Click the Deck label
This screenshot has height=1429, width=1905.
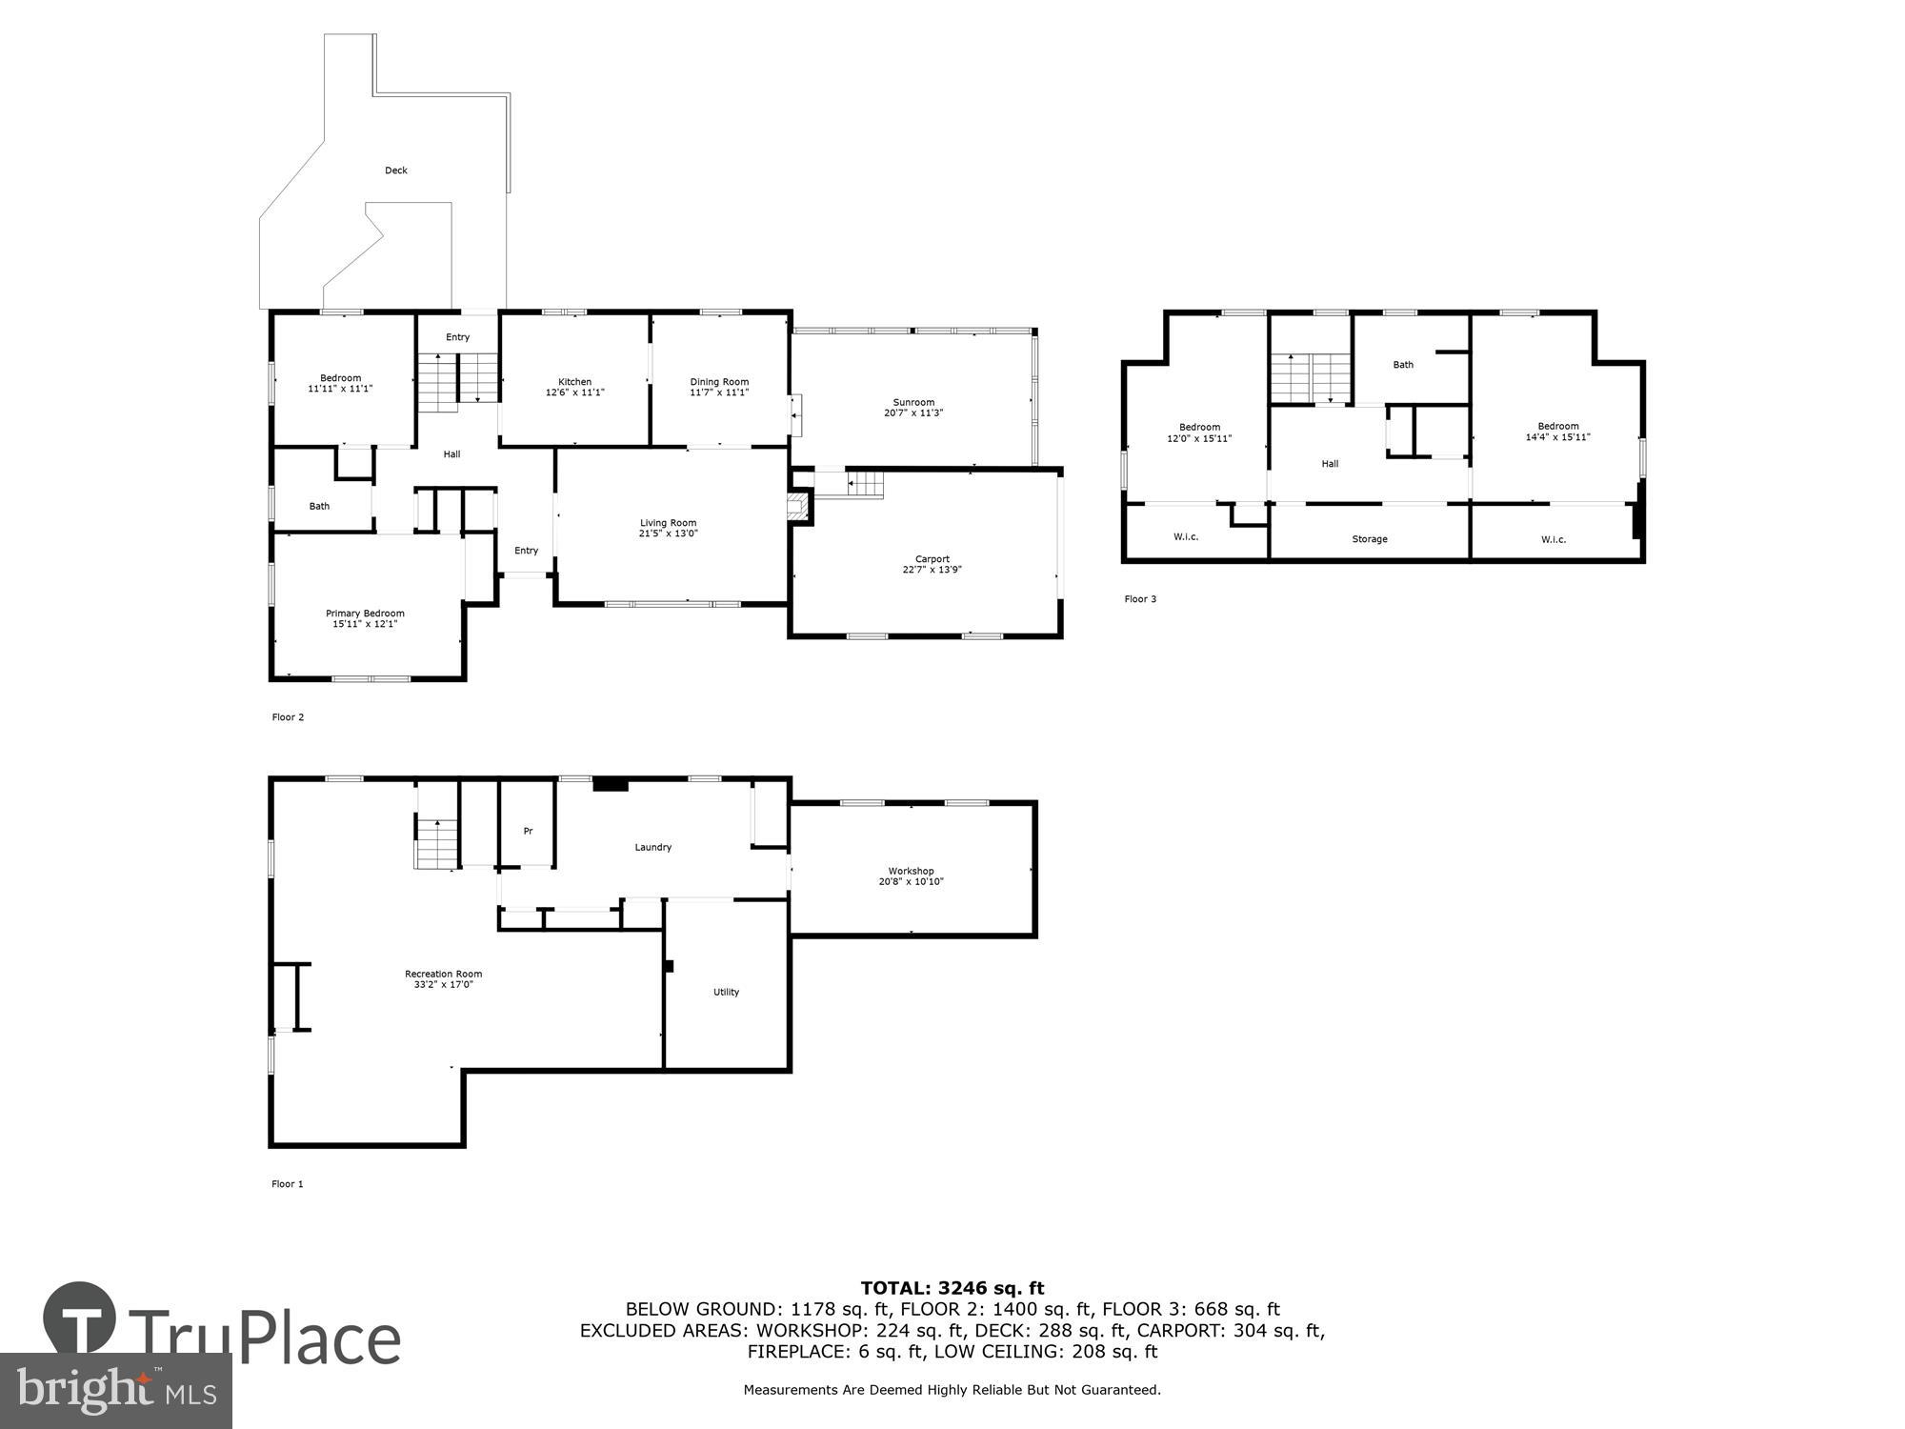pos(395,171)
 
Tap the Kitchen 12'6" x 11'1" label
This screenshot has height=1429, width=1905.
pos(574,387)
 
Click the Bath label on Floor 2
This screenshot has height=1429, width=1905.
pos(319,506)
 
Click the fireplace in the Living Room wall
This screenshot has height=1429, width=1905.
pos(798,506)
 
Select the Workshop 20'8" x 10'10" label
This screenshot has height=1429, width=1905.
pos(911,876)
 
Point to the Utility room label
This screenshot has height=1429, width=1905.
pos(726,992)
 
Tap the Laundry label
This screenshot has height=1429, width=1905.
pos(653,847)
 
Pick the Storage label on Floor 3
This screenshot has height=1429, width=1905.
pos(1370,539)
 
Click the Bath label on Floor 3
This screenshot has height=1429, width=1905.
pos(1403,365)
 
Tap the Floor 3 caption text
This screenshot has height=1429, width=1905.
pos(1140,599)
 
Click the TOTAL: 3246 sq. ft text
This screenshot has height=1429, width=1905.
pos(952,1289)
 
